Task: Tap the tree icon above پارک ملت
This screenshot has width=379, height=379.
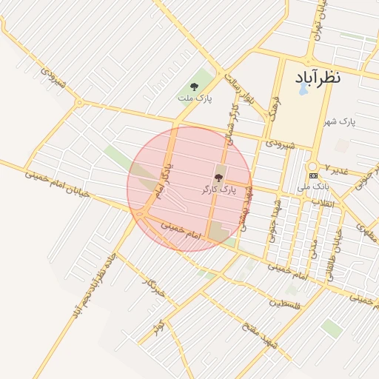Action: tap(195, 87)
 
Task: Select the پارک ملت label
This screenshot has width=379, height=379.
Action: tap(195, 98)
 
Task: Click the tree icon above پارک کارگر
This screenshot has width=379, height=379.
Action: tap(218, 178)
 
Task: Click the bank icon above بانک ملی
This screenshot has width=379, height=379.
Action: tap(314, 175)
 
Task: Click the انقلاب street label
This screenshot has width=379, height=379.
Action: tap(323, 203)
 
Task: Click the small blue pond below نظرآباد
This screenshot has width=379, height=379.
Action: tap(303, 91)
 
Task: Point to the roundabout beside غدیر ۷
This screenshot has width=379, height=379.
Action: tap(312, 165)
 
